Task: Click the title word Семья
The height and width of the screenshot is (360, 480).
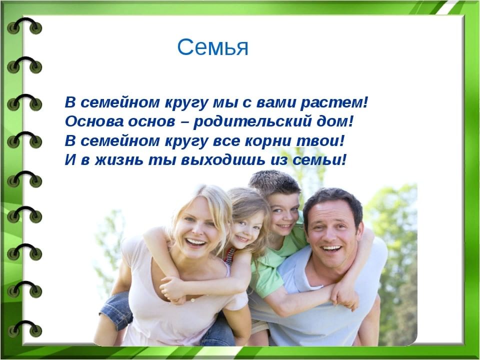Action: pos(213,48)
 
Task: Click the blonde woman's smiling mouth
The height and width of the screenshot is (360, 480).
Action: pos(195,243)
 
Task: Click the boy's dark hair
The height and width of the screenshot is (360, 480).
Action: pos(274,182)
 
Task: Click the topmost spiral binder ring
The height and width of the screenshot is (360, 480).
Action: pos(24,26)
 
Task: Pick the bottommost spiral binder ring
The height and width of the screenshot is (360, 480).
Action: pos(24,329)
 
